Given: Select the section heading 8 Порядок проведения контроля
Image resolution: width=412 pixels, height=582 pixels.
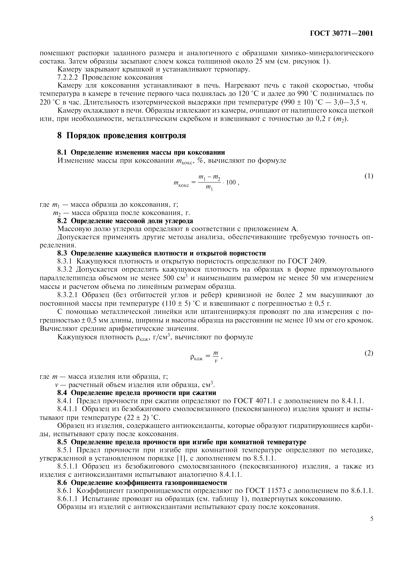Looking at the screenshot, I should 122,136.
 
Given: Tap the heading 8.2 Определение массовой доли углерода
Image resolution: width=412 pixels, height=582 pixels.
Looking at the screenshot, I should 125,221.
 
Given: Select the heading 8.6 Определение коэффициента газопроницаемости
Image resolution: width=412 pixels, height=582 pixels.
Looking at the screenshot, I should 142,482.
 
